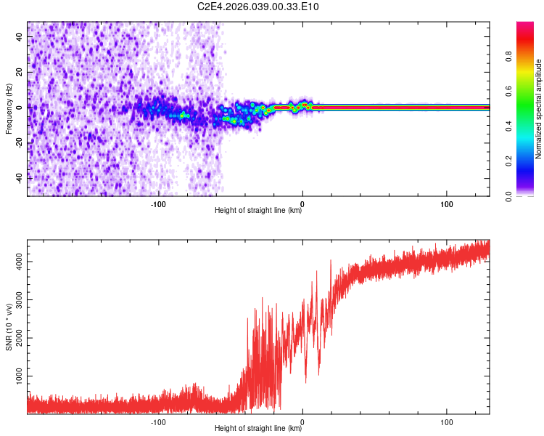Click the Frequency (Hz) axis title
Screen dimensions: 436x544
coord(9,109)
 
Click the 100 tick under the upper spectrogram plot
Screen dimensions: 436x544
coord(447,204)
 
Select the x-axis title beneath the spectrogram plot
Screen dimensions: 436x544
coord(258,211)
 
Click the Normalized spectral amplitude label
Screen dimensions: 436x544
coord(538,109)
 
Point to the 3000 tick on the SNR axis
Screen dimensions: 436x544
coord(17,299)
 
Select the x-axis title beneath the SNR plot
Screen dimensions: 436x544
coord(258,429)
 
